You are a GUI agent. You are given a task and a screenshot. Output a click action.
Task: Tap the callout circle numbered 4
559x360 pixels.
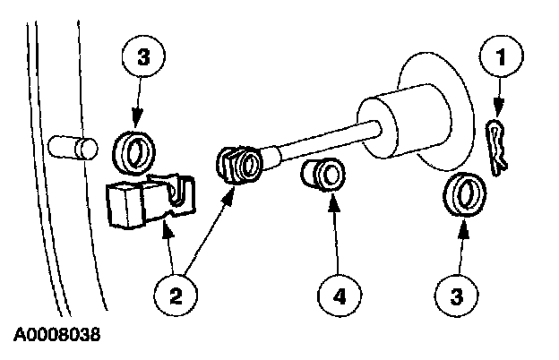(335, 295)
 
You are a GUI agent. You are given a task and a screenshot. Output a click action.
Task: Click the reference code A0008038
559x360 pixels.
(56, 338)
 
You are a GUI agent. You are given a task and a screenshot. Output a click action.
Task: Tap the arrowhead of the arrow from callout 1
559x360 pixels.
(496, 115)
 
